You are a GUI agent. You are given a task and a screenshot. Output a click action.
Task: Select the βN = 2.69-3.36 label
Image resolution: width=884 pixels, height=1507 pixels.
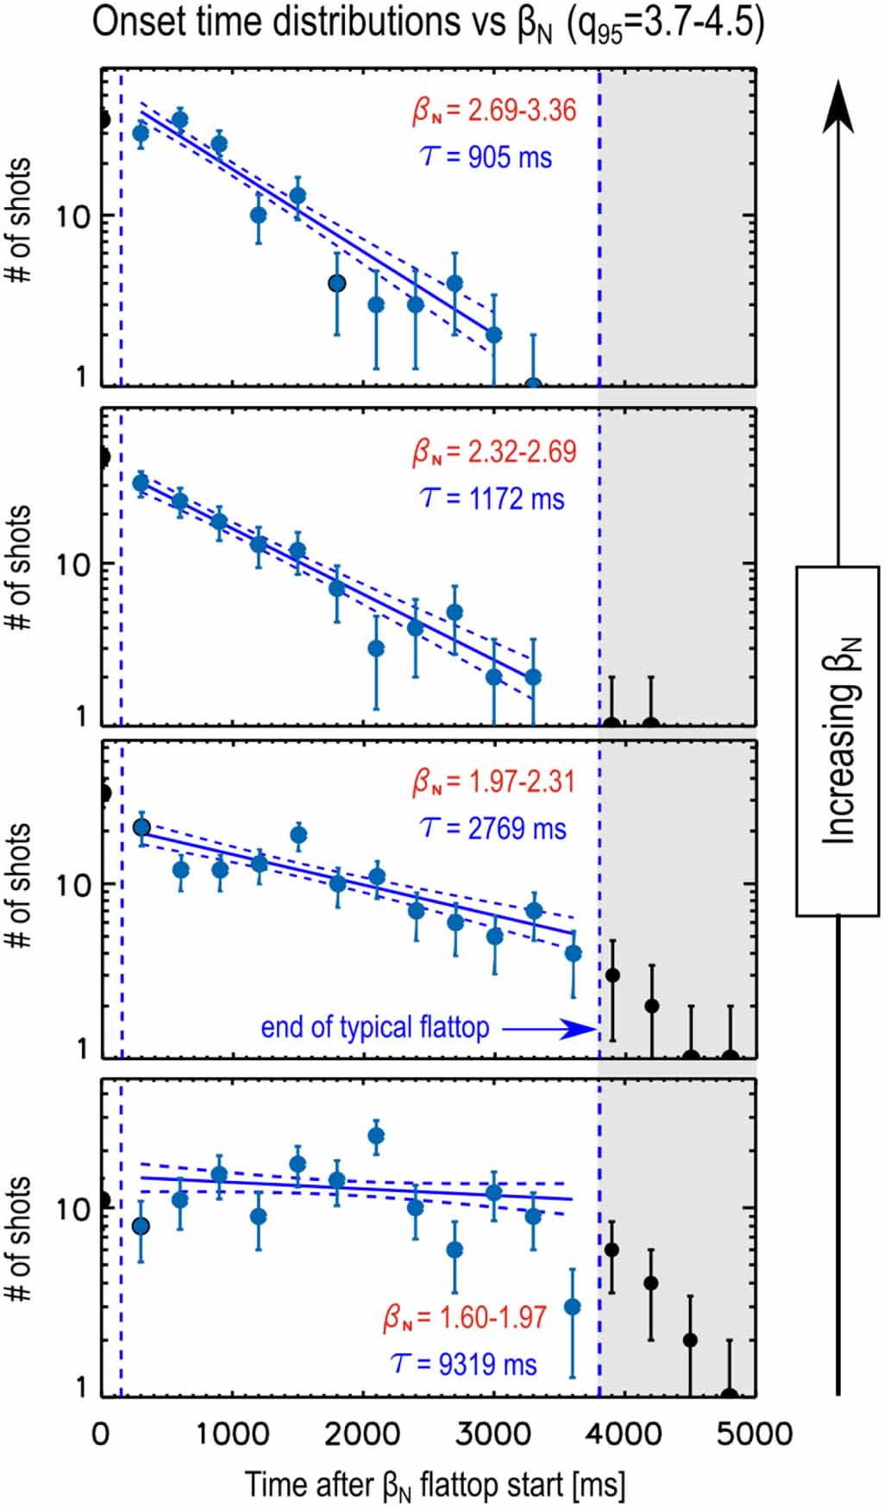click(494, 110)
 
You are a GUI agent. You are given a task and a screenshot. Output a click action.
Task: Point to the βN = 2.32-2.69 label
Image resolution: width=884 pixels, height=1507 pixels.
click(494, 451)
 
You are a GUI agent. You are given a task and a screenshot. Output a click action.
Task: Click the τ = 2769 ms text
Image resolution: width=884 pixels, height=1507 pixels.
click(493, 828)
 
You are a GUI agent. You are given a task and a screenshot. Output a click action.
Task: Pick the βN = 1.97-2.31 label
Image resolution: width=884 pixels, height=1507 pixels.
click(493, 782)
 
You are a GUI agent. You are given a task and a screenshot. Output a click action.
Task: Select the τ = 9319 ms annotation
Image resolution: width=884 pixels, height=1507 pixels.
click(464, 1364)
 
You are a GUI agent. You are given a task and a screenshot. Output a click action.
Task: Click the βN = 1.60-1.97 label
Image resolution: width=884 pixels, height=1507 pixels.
click(466, 1318)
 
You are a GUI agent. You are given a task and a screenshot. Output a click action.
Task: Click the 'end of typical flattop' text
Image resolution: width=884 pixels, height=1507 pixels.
click(375, 1027)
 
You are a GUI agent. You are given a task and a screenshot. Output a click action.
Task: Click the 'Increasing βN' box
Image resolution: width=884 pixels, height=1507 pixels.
click(838, 740)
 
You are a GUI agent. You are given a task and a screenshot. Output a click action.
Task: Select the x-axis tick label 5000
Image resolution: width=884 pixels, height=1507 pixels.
click(755, 1434)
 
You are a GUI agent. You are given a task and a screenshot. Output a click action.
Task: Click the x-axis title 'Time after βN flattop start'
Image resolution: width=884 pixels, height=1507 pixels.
click(435, 1484)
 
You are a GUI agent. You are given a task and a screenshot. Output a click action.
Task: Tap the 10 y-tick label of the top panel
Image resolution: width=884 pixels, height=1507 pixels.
click(73, 217)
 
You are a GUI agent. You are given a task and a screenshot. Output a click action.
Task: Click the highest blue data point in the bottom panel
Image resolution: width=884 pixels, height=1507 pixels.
click(376, 1136)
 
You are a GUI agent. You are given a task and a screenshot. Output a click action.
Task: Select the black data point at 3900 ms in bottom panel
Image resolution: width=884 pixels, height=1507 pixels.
click(611, 1250)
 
